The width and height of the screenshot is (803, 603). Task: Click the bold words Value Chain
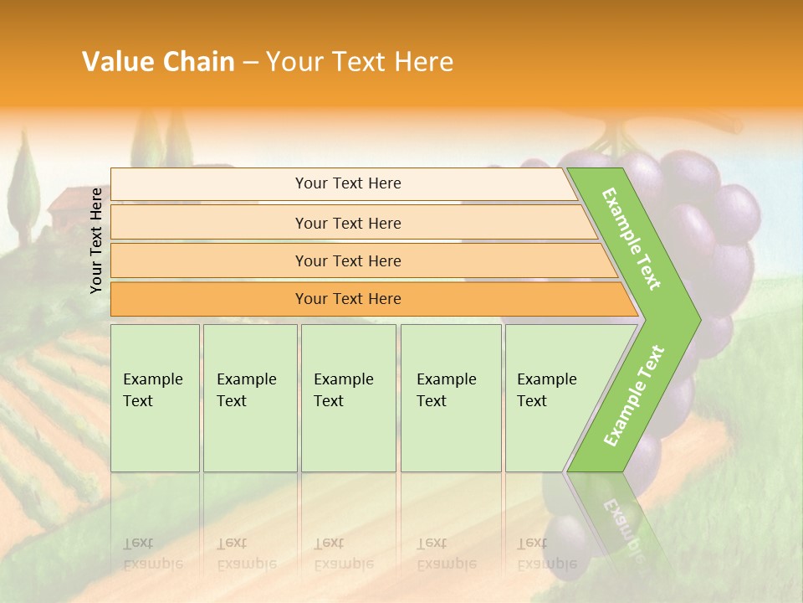tap(158, 62)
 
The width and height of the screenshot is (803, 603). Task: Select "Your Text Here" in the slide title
tap(360, 62)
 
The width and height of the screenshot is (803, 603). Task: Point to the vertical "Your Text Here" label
tap(96, 240)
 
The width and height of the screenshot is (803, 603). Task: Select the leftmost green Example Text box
tap(155, 397)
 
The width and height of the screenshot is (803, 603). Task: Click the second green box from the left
tap(249, 397)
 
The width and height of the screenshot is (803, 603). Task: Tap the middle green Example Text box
tap(348, 397)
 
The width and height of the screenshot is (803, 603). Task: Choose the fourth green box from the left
tap(451, 397)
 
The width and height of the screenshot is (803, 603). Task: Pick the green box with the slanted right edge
tap(552, 397)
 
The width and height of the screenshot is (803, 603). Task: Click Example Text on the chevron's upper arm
tap(632, 239)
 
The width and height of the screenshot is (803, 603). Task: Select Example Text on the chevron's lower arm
tap(634, 395)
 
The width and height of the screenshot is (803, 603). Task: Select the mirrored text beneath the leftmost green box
tap(152, 554)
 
